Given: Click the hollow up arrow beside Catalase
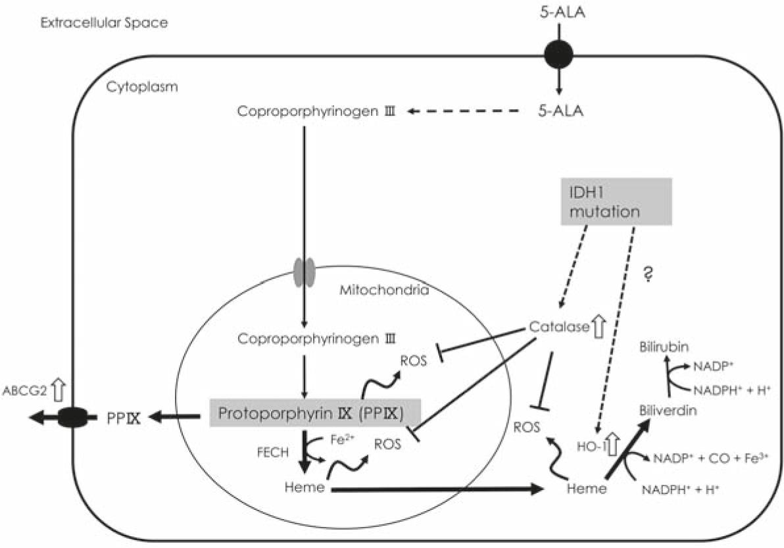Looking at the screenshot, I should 598,326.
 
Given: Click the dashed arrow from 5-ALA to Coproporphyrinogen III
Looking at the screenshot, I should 470,112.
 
